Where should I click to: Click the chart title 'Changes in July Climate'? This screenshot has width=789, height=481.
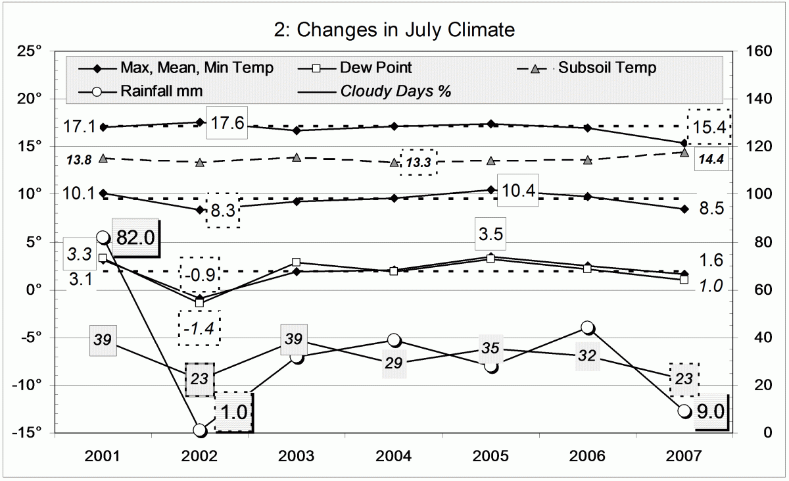[x=394, y=30]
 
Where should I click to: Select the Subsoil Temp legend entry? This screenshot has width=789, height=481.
[x=607, y=68]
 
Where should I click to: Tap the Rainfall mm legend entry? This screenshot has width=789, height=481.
[x=161, y=91]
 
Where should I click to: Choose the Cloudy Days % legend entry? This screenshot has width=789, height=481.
[x=395, y=91]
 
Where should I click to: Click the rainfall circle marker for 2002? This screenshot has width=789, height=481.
[x=200, y=430]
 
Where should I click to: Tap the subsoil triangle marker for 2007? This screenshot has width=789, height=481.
[x=684, y=153]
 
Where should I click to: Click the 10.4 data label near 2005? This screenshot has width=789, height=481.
[x=518, y=191]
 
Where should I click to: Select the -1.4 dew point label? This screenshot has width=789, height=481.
[x=199, y=328]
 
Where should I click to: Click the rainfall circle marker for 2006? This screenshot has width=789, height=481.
[x=587, y=328]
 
